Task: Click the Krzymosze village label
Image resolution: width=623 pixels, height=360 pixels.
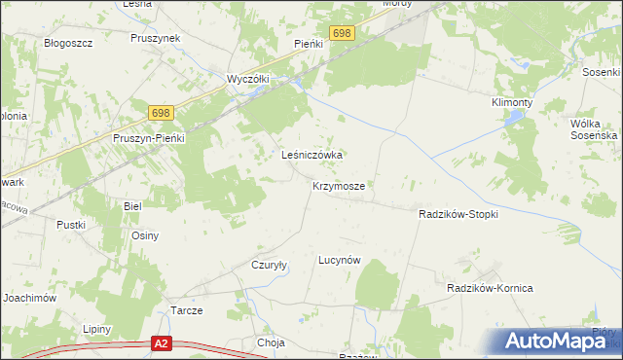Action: point(339,185)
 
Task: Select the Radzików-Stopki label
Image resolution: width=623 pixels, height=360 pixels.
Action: point(458,214)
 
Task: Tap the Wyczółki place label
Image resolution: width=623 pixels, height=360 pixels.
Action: point(247,78)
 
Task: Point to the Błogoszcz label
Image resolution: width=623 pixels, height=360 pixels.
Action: point(68,43)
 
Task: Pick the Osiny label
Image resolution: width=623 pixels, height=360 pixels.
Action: point(145,235)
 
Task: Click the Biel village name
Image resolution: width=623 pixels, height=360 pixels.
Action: point(132,206)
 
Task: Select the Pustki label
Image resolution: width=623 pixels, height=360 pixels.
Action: point(71,225)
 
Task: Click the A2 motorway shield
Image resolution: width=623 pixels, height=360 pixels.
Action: point(162,343)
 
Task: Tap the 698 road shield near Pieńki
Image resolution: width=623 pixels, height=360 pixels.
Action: point(342,34)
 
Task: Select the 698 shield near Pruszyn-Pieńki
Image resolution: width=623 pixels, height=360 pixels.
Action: point(162,114)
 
